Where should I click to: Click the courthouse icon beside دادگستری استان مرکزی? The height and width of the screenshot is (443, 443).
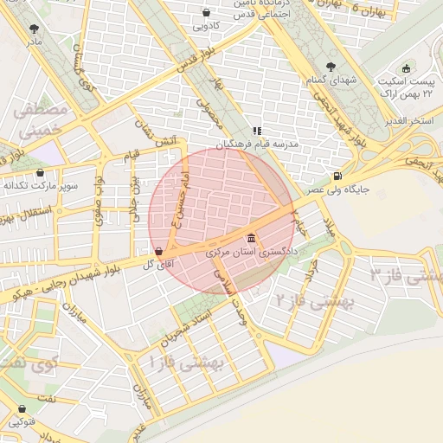pyautogui.click(x=251, y=238)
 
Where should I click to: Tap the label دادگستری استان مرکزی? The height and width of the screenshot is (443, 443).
pyautogui.click(x=252, y=253)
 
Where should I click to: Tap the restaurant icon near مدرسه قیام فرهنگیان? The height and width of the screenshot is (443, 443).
pyautogui.click(x=256, y=131)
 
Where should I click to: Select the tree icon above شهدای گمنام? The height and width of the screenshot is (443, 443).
pyautogui.click(x=329, y=66)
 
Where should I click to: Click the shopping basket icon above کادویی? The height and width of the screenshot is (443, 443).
pyautogui.click(x=206, y=13)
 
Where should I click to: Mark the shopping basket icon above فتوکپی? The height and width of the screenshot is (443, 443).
pyautogui.click(x=22, y=408)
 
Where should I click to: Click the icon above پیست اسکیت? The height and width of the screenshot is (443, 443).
pyautogui.click(x=406, y=69)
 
